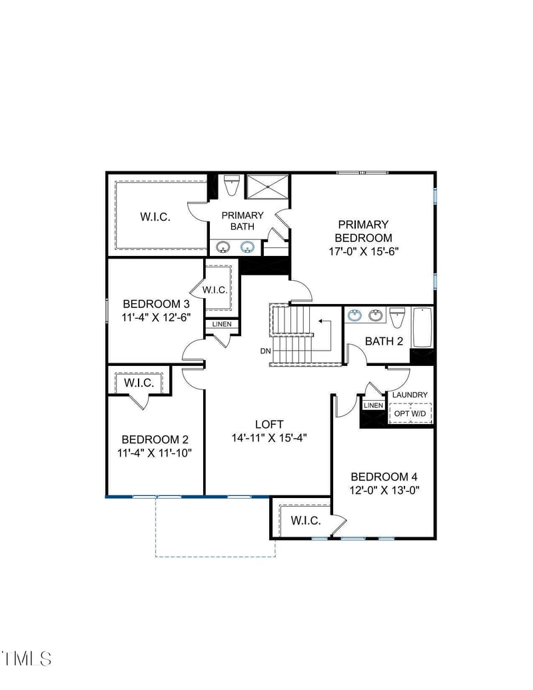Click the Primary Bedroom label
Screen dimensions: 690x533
[x=363, y=231]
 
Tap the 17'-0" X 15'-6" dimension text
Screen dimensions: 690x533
[x=363, y=251]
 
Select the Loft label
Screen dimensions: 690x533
[x=269, y=424]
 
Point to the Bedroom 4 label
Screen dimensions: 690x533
[x=384, y=477]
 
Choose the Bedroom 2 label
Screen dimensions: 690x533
[x=155, y=439]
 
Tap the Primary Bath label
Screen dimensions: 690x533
[x=243, y=221]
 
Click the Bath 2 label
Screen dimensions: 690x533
[x=384, y=341]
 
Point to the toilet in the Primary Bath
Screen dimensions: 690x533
[x=231, y=185]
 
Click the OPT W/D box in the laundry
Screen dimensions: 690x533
[x=410, y=413]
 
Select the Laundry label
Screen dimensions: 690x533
[x=410, y=395]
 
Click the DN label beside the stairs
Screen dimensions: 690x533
[x=265, y=351]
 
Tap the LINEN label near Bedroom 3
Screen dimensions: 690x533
[x=222, y=324]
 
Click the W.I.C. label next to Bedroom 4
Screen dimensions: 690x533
[x=306, y=521]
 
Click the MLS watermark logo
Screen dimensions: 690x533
[x=27, y=658]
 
